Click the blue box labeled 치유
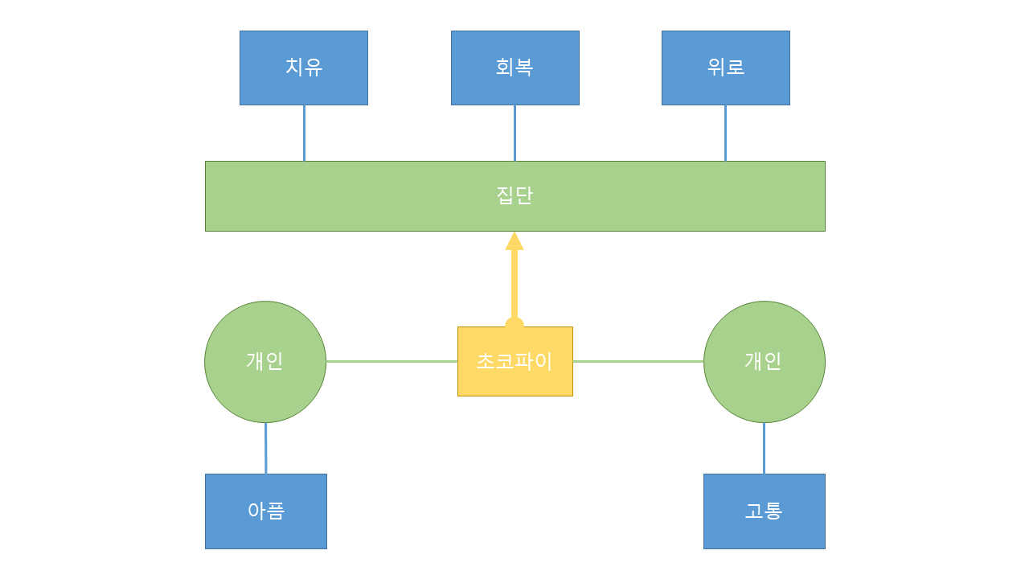point(304,68)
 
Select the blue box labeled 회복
point(514,68)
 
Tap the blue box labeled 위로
point(725,68)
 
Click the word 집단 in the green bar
point(514,195)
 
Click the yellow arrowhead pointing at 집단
point(514,241)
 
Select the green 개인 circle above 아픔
point(265,362)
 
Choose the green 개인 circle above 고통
point(764,362)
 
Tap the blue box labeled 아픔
point(265,511)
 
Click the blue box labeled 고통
point(764,511)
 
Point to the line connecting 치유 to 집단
point(304,133)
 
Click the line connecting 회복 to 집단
point(514,133)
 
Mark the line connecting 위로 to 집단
point(725,133)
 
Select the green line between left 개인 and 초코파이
point(392,361)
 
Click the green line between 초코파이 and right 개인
point(638,361)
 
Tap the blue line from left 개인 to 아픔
point(265,448)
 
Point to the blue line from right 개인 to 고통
point(764,448)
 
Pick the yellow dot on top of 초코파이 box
point(514,323)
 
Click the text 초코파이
point(514,361)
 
